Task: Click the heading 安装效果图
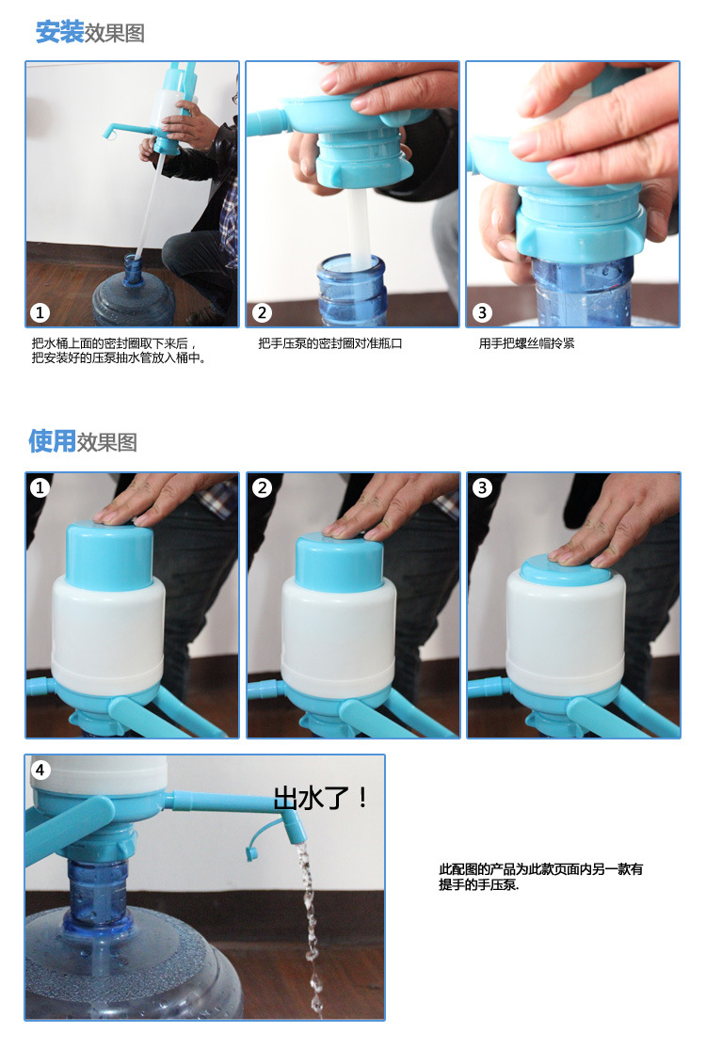90,32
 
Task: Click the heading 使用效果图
83,441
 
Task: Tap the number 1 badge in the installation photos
40,312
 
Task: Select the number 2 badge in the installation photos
262,312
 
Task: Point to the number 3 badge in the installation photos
482,312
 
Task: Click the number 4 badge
40,770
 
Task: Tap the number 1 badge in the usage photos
40,487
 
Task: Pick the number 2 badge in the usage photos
262,487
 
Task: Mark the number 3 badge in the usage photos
482,487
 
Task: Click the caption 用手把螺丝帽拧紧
526,343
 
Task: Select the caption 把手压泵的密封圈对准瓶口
329,343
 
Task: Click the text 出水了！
321,798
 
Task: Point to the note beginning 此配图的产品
540,877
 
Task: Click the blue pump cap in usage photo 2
339,563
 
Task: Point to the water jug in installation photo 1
133,295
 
